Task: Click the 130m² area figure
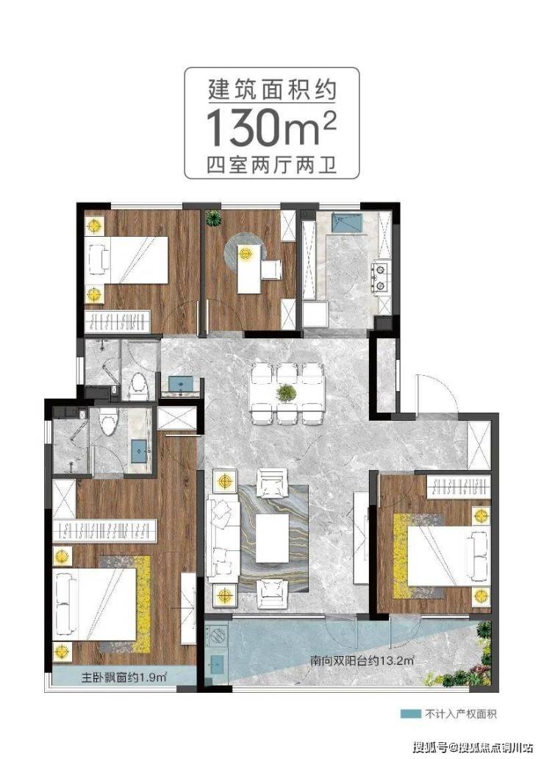click(271, 127)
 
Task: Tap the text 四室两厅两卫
click(271, 165)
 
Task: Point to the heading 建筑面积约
click(271, 90)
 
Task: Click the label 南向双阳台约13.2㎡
click(362, 660)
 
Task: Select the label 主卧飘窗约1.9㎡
click(124, 677)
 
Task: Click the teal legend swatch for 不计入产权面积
click(410, 713)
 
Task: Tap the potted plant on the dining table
click(287, 393)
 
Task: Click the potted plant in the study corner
click(213, 218)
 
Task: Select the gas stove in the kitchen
click(380, 277)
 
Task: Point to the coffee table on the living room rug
click(273, 538)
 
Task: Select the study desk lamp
click(246, 253)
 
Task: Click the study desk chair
click(271, 270)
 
